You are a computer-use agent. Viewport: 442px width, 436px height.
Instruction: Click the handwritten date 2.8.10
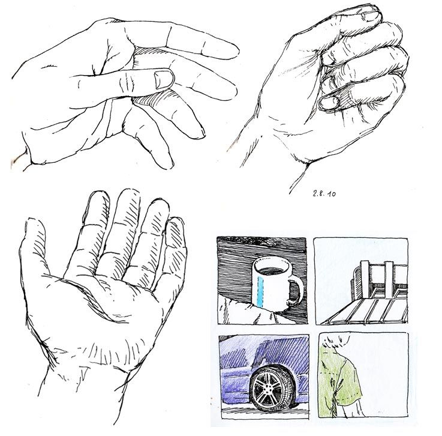[324, 193]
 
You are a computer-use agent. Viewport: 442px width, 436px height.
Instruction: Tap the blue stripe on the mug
[260, 291]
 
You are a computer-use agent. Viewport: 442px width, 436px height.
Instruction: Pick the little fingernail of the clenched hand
[329, 103]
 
